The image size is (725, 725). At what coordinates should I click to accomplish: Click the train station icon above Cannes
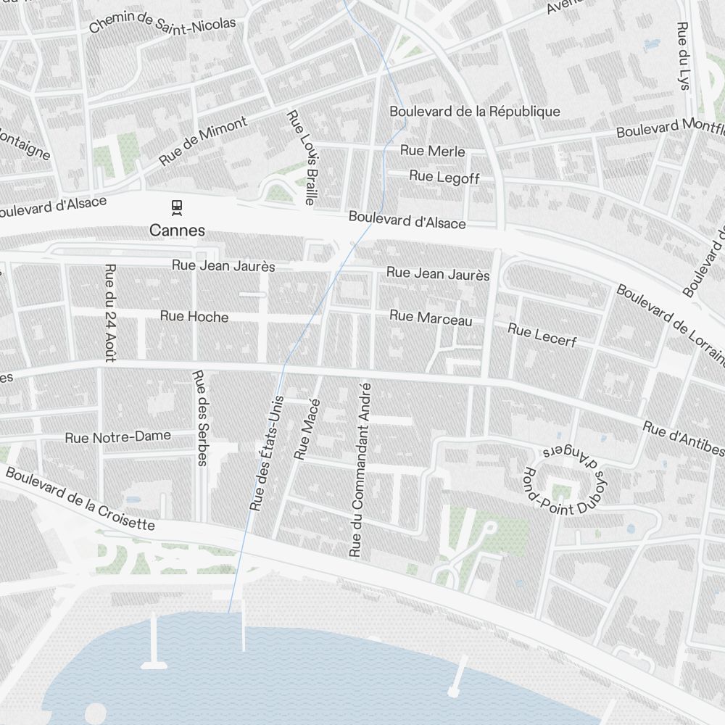point(177,207)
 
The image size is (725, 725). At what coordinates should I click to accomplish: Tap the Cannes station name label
point(177,231)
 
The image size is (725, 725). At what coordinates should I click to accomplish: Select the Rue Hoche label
point(194,317)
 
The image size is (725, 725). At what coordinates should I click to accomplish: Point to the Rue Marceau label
point(431,318)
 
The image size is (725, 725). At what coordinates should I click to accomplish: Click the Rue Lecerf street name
point(542,335)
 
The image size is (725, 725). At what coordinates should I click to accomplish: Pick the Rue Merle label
point(433,151)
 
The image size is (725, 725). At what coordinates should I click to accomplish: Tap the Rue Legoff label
point(444,176)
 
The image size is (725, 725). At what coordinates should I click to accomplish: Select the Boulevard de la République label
point(475,111)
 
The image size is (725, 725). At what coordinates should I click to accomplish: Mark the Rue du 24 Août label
point(110,312)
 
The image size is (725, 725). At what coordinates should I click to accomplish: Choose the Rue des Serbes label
point(200,418)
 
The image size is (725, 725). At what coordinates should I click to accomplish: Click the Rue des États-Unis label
point(267,453)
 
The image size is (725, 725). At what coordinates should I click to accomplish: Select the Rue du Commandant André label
point(360,470)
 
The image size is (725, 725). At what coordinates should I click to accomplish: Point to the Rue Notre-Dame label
point(118,437)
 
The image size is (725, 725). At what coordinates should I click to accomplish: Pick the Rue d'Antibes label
point(683,439)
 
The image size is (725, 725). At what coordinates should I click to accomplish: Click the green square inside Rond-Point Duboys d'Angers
point(562,492)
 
